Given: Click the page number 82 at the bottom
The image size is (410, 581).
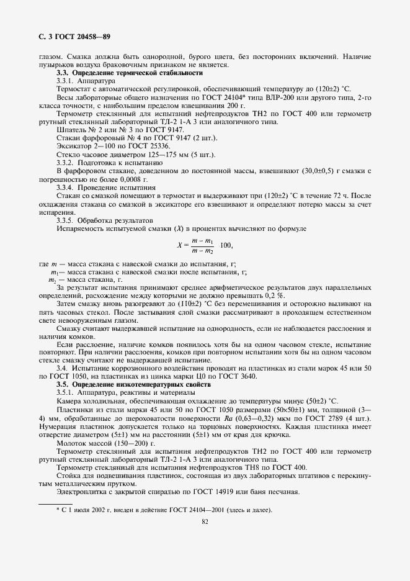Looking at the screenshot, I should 204,522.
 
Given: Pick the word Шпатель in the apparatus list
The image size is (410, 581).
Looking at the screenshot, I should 70,129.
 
